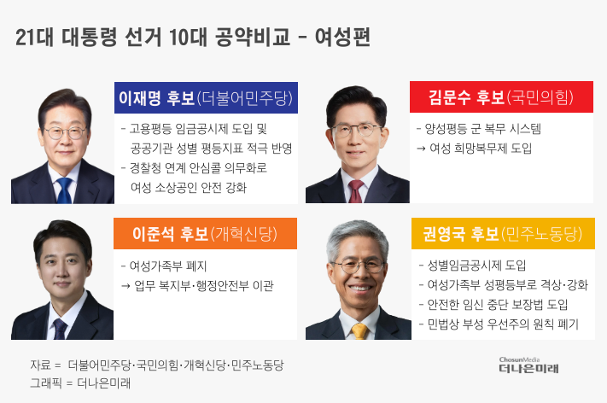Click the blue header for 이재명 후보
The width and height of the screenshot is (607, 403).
[x=206, y=97]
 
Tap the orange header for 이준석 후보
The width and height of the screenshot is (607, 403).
[x=206, y=233]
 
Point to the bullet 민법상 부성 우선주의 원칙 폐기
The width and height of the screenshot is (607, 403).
[x=499, y=324]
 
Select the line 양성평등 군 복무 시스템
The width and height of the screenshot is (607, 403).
[x=478, y=129]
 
